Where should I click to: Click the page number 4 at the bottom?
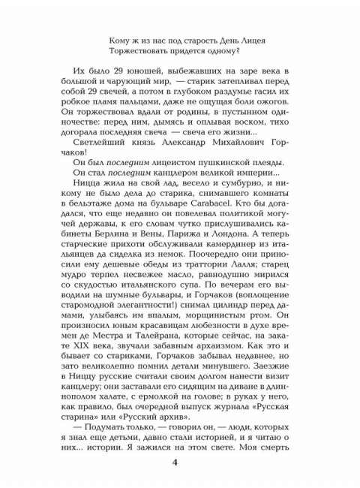tap(180, 461)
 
